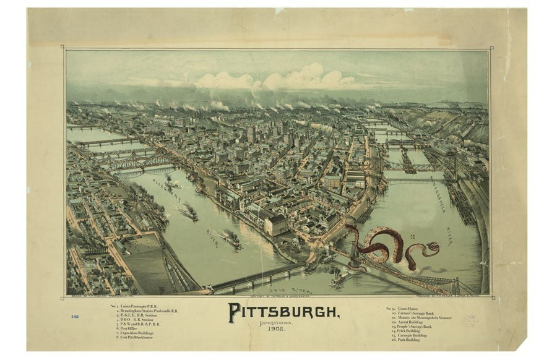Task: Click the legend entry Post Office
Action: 127,328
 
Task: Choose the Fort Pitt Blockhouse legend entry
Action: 137,338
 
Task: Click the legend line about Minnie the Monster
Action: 421,318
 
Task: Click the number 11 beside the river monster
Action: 413,237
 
